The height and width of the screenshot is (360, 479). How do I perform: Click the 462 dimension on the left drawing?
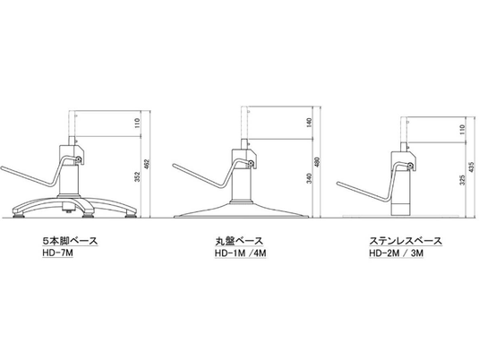146,165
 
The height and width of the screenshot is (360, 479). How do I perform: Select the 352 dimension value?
138,177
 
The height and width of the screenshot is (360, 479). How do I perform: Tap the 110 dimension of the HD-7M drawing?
137,124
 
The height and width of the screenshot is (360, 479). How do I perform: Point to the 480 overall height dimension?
317,163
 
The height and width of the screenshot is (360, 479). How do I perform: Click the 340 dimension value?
310,178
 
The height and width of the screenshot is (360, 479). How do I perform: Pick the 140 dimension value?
309,123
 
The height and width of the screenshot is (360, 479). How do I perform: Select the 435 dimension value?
471,167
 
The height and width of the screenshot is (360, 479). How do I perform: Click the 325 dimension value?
463,180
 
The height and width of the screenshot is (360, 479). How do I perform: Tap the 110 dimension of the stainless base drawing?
463,130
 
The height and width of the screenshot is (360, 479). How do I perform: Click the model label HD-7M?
58,253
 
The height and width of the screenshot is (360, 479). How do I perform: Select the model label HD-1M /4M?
241,253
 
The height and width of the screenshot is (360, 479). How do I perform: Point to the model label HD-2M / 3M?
397,253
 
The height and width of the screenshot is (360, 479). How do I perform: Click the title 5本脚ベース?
70,241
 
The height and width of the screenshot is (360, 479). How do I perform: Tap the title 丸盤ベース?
238,241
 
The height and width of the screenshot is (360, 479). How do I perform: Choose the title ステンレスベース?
406,241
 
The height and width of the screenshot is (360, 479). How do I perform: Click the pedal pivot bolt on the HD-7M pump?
79,159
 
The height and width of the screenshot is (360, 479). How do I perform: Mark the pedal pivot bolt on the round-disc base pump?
251,163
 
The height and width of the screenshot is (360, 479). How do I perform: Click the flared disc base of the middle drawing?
242,210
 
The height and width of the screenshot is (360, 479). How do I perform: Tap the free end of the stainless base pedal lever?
338,184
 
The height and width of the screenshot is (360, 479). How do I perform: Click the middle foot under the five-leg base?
88,216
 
